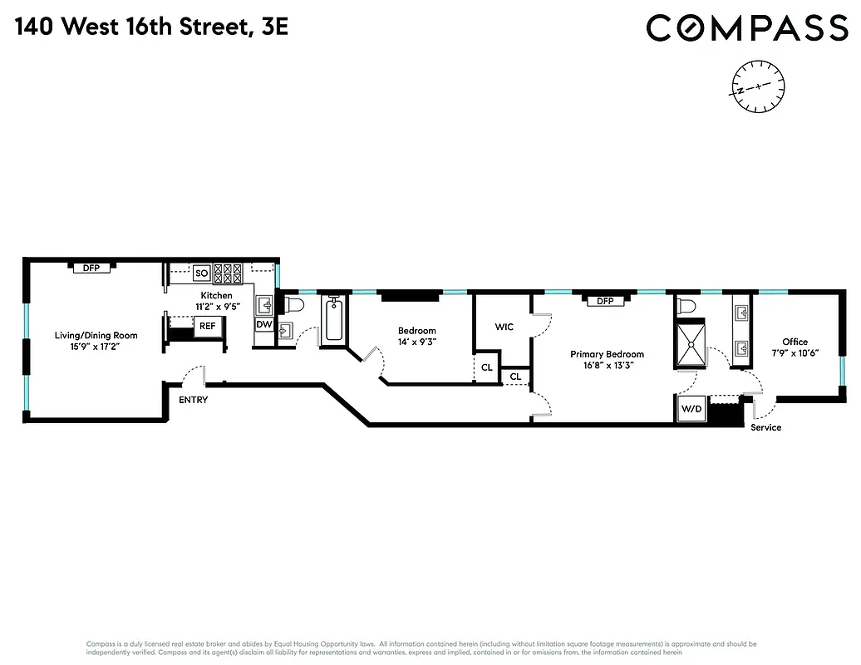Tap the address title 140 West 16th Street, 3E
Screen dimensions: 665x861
(x=152, y=27)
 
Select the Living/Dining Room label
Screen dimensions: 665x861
(x=96, y=335)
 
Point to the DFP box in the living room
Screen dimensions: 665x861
(x=91, y=268)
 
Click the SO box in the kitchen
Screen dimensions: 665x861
(x=201, y=273)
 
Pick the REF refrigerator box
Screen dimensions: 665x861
(x=207, y=326)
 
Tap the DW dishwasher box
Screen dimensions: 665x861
(x=263, y=324)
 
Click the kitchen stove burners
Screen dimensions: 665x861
(x=228, y=270)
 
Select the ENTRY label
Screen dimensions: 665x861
(x=193, y=400)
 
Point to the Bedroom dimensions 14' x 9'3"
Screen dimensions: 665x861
(x=416, y=341)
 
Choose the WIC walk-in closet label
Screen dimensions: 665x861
(x=504, y=327)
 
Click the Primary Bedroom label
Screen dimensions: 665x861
(x=607, y=354)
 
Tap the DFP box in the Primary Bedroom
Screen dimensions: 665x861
(x=605, y=301)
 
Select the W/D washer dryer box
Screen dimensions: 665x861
(x=691, y=409)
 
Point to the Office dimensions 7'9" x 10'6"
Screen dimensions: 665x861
(x=795, y=352)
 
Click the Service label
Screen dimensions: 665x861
(x=765, y=427)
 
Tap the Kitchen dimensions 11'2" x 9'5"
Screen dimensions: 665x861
(x=215, y=306)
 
